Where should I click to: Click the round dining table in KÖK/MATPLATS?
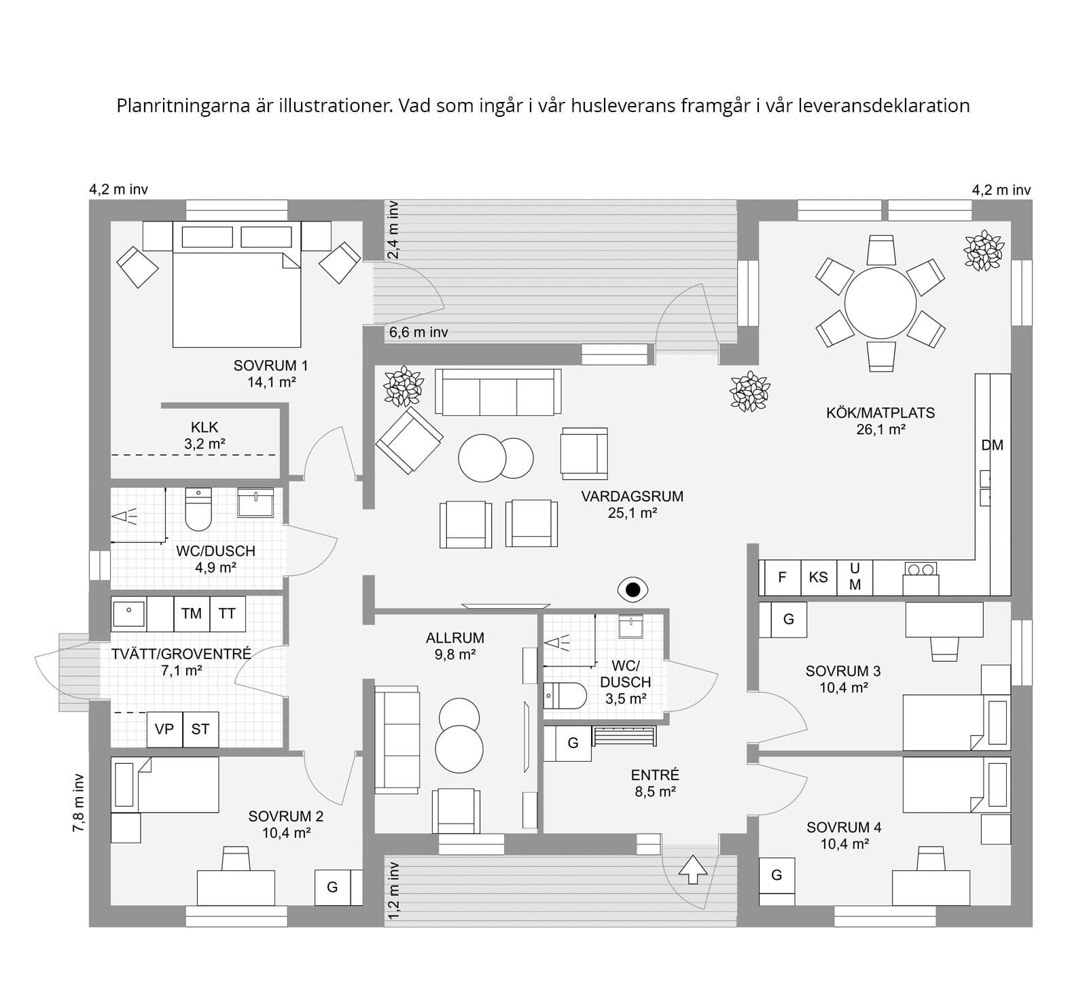tap(880, 302)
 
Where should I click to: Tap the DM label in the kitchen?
tap(992, 446)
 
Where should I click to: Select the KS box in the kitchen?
tap(818, 578)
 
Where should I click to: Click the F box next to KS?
tap(782, 578)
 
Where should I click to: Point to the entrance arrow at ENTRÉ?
tap(693, 869)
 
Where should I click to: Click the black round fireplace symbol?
tap(633, 590)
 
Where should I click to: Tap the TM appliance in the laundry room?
tap(192, 614)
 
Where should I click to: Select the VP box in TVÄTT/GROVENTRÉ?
tap(164, 729)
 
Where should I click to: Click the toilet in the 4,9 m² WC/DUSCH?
tap(198, 510)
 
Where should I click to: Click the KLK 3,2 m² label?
tap(204, 436)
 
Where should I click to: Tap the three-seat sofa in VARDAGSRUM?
tap(498, 392)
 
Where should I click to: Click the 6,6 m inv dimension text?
tap(418, 332)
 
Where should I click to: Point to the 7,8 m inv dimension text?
tap(79, 802)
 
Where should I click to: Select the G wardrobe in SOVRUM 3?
tap(788, 619)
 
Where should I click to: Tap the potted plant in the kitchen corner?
tap(983, 251)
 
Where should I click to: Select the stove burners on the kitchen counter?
tap(921, 569)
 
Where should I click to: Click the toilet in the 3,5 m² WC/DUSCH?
tap(565, 696)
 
